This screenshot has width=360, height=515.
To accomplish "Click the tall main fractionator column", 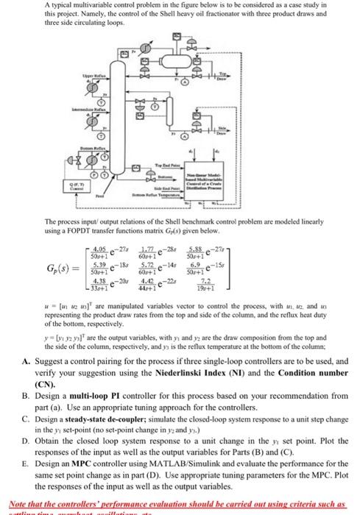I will click(156, 103).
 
